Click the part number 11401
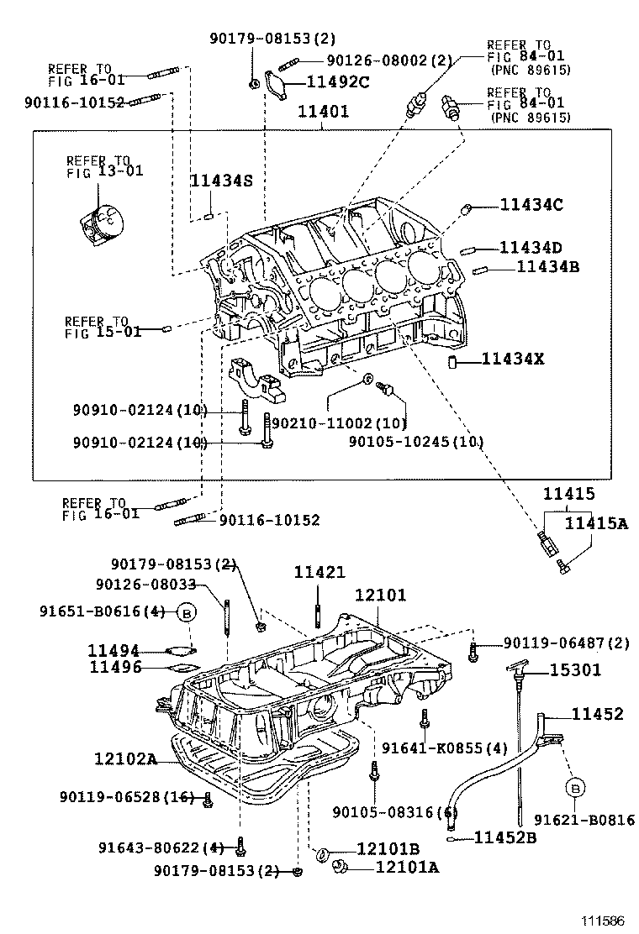point(321,112)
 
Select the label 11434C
point(531,204)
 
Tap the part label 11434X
point(513,359)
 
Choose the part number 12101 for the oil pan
point(380,595)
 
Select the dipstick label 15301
point(576,669)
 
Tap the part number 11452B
point(505,837)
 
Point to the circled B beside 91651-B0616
point(187,613)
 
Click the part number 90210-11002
point(330,425)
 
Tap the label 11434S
point(220,181)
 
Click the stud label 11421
point(319,572)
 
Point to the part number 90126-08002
point(378,60)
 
